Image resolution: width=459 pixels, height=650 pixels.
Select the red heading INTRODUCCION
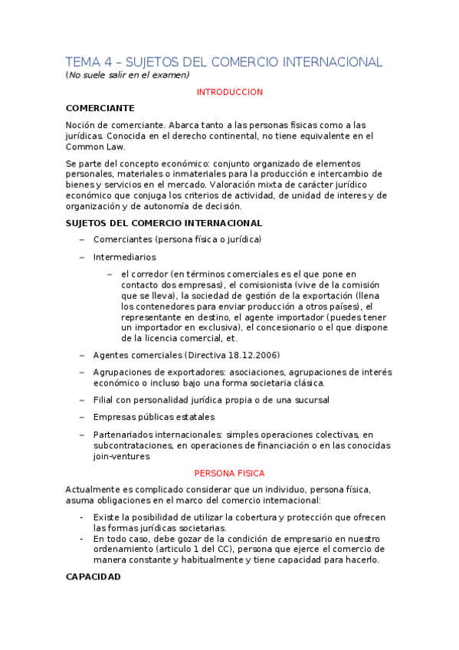[x=230, y=92]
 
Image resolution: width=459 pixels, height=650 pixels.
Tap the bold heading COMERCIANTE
[x=100, y=108]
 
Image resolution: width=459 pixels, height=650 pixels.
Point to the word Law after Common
[x=114, y=146]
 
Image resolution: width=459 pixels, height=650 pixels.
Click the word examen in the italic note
[x=170, y=75]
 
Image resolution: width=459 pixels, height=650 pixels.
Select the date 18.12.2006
[x=253, y=355]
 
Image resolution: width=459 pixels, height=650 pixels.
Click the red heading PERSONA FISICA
[x=230, y=474]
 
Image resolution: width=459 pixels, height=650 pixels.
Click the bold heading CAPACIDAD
[x=93, y=576]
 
